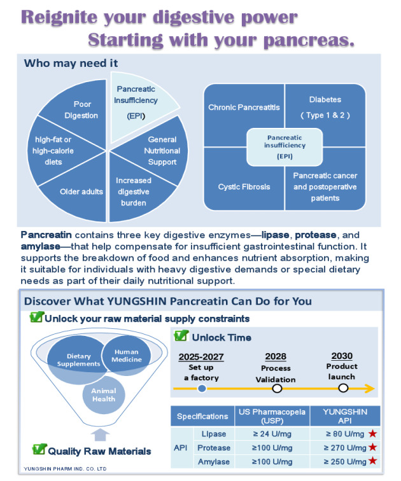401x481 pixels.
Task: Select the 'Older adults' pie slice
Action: (x=81, y=191)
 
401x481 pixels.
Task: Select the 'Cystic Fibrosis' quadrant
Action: (x=244, y=186)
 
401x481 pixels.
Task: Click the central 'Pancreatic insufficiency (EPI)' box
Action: (x=285, y=146)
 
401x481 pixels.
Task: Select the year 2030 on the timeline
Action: (x=342, y=356)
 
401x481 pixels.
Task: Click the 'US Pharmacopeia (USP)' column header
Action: (x=272, y=416)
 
